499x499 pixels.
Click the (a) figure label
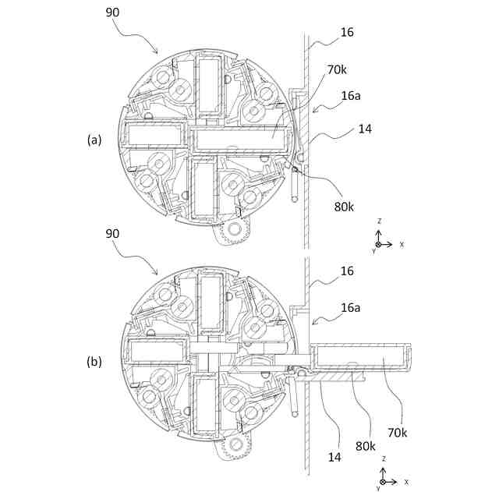94,140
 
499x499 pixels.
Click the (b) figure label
94,363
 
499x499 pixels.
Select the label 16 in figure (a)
347,33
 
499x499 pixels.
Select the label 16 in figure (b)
347,271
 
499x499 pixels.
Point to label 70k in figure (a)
337,70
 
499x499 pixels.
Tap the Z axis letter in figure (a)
379,221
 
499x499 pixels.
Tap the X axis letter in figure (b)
406,482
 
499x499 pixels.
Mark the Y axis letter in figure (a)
374,251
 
